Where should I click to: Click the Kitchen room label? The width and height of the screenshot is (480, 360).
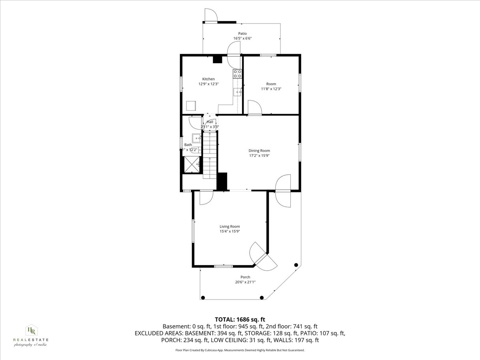208,79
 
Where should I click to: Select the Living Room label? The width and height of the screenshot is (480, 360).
230,226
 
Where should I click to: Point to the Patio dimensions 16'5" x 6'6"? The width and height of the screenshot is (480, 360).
242,39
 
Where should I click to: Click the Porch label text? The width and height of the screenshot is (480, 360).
245,277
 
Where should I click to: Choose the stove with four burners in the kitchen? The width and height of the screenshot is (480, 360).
238,73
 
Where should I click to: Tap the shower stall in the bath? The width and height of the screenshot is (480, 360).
191,164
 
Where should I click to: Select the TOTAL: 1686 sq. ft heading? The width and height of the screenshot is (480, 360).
240,319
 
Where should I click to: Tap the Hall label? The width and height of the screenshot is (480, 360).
210,122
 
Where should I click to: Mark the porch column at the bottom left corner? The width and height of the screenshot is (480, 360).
203,297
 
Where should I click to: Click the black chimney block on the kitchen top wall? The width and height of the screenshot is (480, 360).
218,59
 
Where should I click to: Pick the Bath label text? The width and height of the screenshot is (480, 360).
188,145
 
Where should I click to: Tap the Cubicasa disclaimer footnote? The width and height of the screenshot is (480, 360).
240,350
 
